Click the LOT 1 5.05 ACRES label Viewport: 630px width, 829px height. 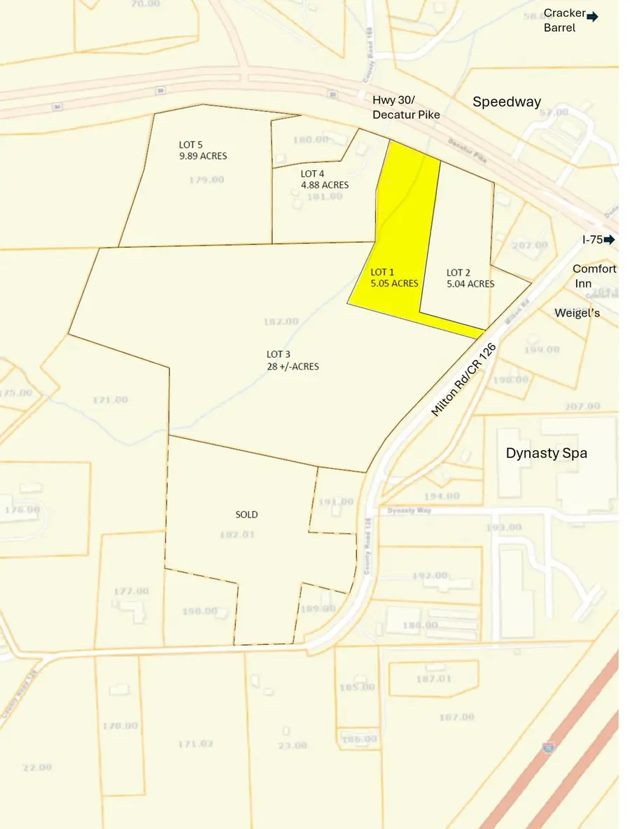(394, 278)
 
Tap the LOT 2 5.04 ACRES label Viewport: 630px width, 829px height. (470, 278)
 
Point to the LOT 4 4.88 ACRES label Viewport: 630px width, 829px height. (324, 179)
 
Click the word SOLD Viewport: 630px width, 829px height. (246, 515)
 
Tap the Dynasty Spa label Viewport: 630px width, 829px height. (546, 453)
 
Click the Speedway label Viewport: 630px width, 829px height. (506, 102)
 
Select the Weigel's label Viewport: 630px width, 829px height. (577, 313)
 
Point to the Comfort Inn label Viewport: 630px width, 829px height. (594, 276)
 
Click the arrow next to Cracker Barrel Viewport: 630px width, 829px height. (592, 17)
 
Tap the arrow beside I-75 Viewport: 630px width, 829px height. (609, 239)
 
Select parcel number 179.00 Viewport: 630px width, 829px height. (206, 180)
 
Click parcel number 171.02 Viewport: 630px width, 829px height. (195, 744)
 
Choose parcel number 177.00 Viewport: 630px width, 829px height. (131, 591)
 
